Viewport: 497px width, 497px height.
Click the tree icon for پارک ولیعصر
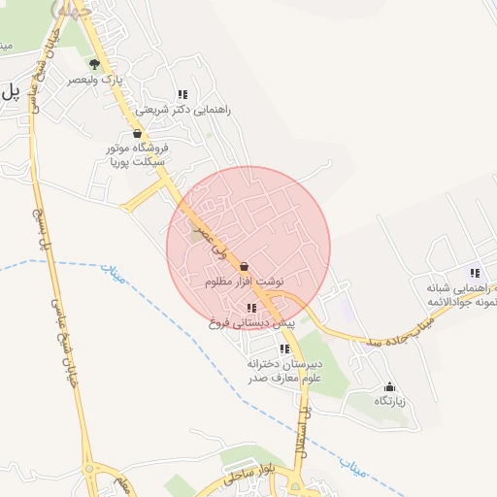94,64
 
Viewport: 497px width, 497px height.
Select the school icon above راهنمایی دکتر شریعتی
182,94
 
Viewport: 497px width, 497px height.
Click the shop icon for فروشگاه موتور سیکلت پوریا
137,134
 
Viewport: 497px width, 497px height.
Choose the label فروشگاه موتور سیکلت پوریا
138,156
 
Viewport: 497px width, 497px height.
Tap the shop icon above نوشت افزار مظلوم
244,265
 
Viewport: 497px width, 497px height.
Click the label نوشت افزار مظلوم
244,282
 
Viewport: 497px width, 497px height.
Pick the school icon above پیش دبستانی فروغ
252,308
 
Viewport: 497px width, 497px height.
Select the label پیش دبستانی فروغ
251,322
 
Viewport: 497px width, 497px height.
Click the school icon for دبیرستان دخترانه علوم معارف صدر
283,348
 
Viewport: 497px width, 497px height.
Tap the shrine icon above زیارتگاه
389,385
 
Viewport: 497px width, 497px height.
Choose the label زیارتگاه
389,401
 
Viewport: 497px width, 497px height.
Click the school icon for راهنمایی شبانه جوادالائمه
475,273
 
